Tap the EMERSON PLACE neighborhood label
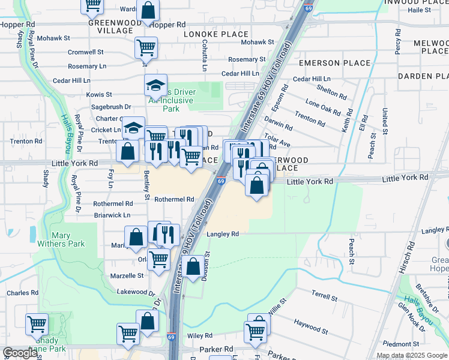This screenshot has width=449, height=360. (331, 63)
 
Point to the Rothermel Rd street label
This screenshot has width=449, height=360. (175, 199)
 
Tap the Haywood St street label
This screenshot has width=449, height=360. (310, 326)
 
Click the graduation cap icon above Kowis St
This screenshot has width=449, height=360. (155, 86)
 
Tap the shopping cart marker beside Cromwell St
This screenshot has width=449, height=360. (146, 46)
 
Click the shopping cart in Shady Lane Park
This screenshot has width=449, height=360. (37, 324)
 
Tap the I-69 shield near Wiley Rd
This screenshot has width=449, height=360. (171, 337)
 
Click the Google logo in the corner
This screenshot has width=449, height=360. (20, 353)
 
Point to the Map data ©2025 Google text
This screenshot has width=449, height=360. (411, 355)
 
